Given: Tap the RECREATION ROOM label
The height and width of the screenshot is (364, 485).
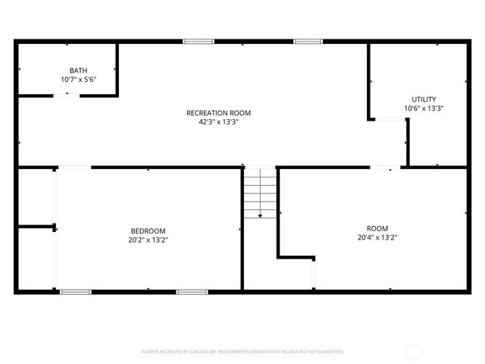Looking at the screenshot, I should click(x=218, y=113).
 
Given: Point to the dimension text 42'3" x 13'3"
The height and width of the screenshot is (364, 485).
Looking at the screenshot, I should click(x=218, y=121).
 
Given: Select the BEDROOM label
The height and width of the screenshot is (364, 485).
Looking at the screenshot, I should click(x=148, y=231).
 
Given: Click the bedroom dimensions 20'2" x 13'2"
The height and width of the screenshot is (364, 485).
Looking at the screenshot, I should click(x=148, y=240).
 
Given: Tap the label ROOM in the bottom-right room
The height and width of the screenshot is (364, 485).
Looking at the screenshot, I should click(x=377, y=229).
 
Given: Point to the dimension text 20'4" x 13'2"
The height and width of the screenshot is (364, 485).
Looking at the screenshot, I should click(x=377, y=237).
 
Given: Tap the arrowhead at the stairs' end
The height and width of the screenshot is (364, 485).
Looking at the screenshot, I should click(x=260, y=216).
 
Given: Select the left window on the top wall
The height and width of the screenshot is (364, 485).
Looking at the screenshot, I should click(x=198, y=41).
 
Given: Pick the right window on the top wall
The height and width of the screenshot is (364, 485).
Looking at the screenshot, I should click(x=308, y=41).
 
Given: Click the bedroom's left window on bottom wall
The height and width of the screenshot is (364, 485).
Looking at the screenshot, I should click(x=76, y=291).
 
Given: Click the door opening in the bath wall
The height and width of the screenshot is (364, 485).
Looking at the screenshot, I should click(x=67, y=95).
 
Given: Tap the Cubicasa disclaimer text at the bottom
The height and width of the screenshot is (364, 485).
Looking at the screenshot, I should click(x=242, y=352).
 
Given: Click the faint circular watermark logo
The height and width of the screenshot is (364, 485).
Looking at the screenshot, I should click(x=415, y=351).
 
